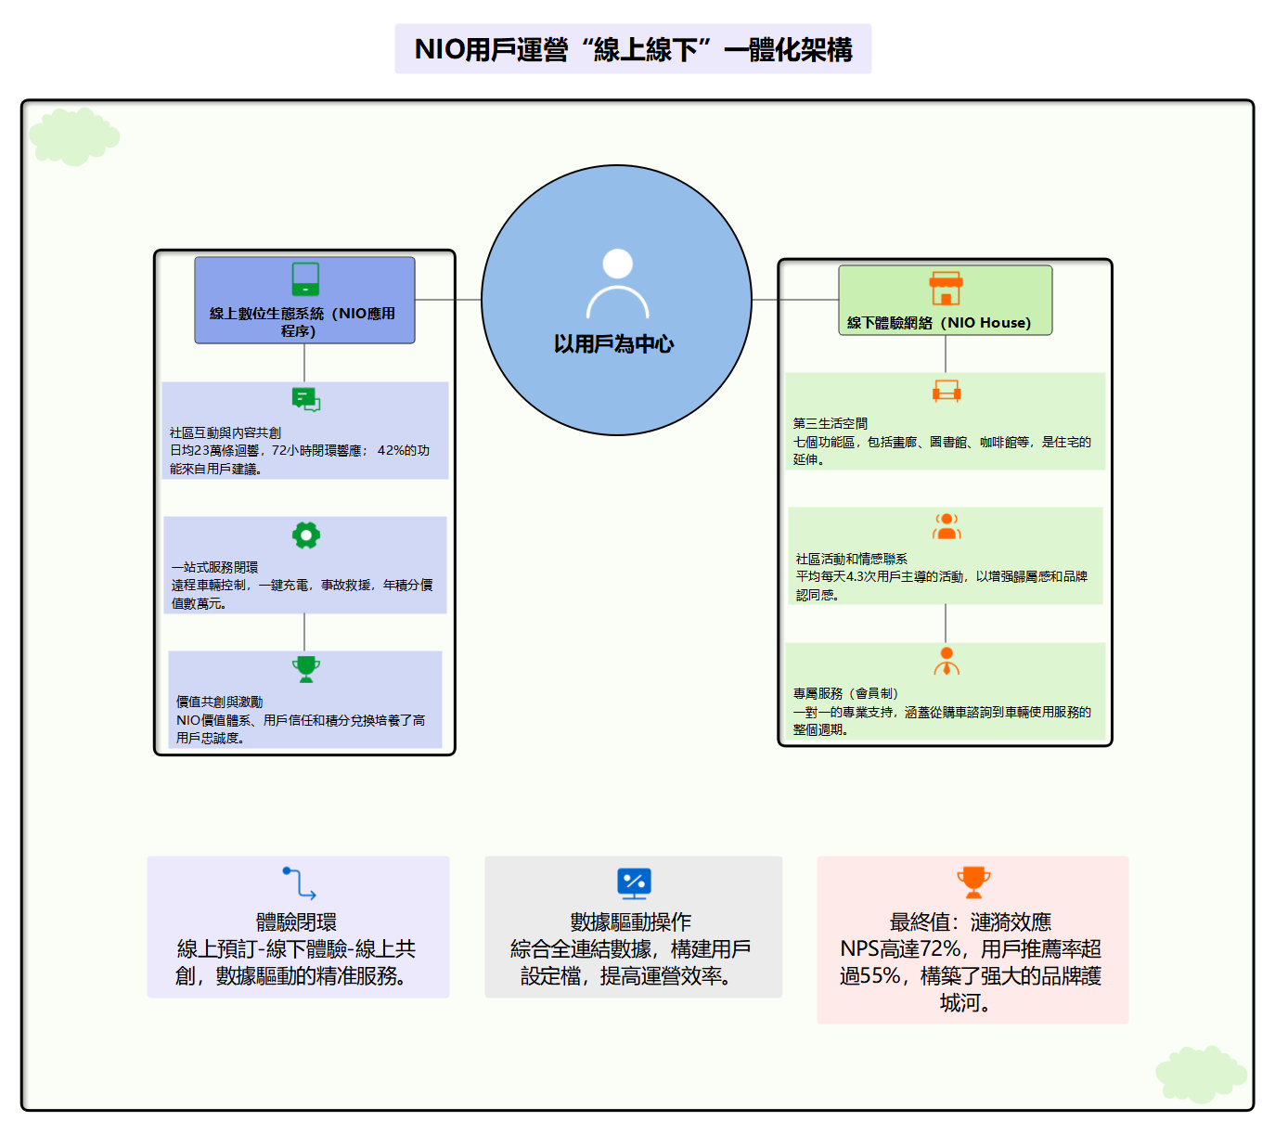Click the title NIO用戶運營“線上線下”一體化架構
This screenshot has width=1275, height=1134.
coord(633,49)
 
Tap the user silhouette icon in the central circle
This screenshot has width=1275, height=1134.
coord(617,282)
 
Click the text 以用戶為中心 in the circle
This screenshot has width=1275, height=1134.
coord(613,344)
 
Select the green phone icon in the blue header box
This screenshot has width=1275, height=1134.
coord(305,278)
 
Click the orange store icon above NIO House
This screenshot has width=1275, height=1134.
coord(946,289)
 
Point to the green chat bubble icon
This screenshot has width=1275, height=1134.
coord(305,399)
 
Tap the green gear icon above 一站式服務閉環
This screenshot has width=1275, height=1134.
coord(305,535)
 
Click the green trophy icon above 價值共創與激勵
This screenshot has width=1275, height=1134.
coord(305,669)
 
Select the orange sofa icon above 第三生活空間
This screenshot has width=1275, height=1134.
coord(946,391)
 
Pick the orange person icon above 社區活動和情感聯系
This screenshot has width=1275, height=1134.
coord(946,526)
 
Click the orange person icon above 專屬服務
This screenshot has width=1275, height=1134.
coord(946,662)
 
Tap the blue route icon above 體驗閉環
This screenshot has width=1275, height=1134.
coord(299,883)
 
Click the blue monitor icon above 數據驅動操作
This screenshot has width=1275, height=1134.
coord(634,883)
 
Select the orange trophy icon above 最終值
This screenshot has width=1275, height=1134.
coord(972,882)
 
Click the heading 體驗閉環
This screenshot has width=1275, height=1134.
coord(296,921)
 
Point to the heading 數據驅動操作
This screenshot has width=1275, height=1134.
coord(631,921)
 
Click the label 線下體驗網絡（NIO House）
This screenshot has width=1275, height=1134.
coord(938,323)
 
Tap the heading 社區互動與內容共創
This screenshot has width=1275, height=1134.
coord(225,432)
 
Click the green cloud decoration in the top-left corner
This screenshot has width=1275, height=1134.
coord(73,136)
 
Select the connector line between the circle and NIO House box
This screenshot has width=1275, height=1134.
coord(794,300)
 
